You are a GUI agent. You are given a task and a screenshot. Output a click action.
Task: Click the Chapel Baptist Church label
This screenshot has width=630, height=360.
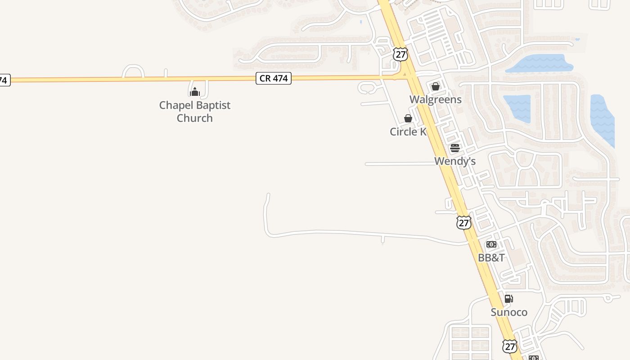tap(194, 112)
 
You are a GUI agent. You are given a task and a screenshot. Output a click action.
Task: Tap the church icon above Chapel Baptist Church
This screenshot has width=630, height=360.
tap(194, 92)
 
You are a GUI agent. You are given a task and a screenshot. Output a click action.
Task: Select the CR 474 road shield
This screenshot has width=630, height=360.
tap(274, 78)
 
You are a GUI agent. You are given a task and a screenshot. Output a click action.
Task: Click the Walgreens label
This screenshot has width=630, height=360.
tap(435, 99)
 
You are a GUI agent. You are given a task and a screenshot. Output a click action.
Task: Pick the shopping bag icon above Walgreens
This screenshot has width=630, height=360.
tap(435, 86)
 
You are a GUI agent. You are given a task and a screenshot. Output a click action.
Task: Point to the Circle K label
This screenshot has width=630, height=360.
tap(408, 132)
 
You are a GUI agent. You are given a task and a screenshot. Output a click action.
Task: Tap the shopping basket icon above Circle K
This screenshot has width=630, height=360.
tap(408, 118)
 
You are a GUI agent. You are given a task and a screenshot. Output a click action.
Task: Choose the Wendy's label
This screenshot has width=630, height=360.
tap(454, 161)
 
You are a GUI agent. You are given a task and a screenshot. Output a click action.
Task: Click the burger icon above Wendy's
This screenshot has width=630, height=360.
tap(454, 148)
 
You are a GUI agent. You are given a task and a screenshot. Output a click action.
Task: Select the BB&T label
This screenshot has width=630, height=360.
tap(491, 258)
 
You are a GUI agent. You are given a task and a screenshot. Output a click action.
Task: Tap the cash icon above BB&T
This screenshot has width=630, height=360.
tap(491, 244)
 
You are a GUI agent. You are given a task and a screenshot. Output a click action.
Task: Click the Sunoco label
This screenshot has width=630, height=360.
tap(508, 312)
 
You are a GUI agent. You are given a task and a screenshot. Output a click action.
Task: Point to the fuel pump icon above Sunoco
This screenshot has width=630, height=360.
tap(508, 299)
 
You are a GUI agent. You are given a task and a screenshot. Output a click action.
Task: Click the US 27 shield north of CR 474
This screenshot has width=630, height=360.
tap(400, 54)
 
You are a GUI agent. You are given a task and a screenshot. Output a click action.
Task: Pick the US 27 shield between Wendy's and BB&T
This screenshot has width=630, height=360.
tap(463, 222)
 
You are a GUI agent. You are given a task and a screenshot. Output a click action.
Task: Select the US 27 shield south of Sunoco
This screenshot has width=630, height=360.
tap(509, 346)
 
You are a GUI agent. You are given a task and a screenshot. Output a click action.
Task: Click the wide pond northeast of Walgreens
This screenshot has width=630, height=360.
tap(540, 63)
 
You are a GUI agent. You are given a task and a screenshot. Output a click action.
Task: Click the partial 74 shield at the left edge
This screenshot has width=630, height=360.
tap(4, 81)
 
